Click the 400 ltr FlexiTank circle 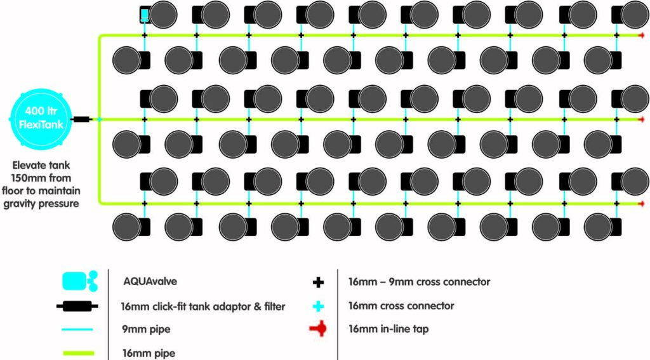(x=41, y=119)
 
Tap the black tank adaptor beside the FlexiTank (x=82, y=119)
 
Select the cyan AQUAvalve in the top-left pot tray (x=144, y=15)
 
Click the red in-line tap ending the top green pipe (x=642, y=36)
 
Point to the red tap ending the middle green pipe (x=642, y=120)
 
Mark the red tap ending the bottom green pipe (x=642, y=204)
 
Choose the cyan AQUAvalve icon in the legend (x=80, y=281)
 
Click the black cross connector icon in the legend (x=318, y=282)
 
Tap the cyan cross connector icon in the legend (x=318, y=306)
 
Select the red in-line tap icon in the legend (x=318, y=329)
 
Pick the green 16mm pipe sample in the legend (x=78, y=353)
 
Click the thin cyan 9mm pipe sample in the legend (x=77, y=330)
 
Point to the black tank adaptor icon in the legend (x=77, y=307)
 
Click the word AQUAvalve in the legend (x=150, y=281)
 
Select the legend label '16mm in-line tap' (x=388, y=329)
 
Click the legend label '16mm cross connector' (x=401, y=305)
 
